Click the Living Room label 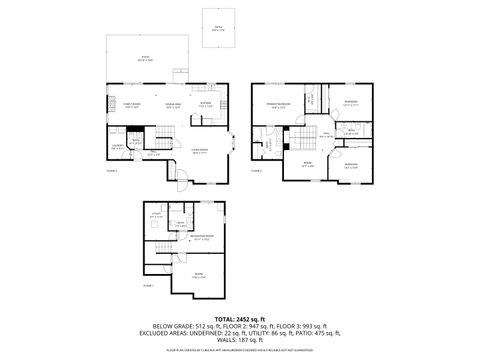tap(199, 151)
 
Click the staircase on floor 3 tap(304, 136)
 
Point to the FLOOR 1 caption tap(148, 286)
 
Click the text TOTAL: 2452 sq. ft tap(240, 318)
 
